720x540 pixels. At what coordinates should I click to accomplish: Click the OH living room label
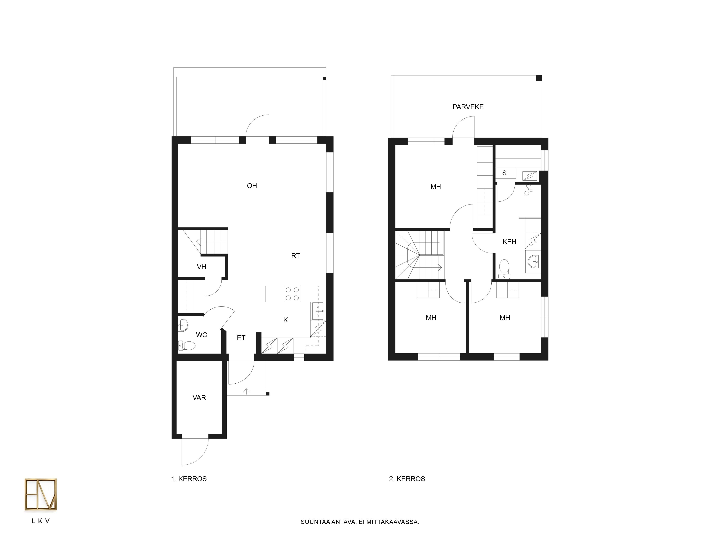[x=252, y=186]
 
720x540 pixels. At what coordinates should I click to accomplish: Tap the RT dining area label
[x=296, y=256]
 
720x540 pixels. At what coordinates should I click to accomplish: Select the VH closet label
[x=201, y=267]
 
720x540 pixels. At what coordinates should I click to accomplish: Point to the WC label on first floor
[x=201, y=335]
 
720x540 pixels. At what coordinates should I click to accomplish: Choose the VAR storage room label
[x=199, y=397]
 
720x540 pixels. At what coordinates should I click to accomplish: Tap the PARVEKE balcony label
[x=468, y=107]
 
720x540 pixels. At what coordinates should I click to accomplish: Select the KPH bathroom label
[x=509, y=242]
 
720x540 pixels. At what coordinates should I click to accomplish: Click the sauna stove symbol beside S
[x=530, y=176]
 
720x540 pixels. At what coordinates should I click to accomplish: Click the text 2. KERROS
[x=407, y=479]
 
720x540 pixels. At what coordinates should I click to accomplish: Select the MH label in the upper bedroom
[x=436, y=187]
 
